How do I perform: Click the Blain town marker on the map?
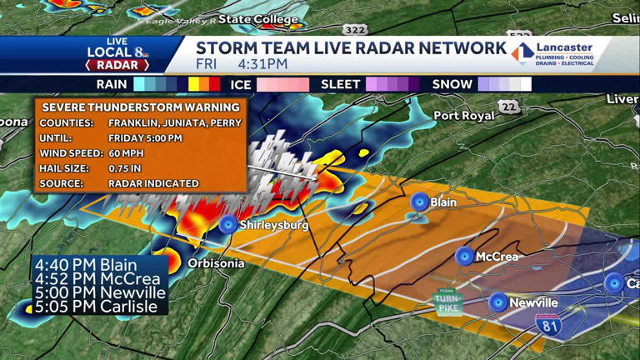pyautogui.click(x=419, y=202)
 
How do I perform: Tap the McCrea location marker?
pyautogui.click(x=464, y=256)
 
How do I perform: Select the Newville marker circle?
pyautogui.click(x=498, y=302)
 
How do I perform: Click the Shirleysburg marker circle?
pyautogui.click(x=227, y=224)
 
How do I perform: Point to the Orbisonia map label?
pyautogui.click(x=216, y=263)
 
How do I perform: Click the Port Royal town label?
pyautogui.click(x=464, y=116)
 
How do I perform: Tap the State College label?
pyautogui.click(x=257, y=19)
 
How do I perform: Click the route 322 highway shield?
pyautogui.click(x=354, y=30)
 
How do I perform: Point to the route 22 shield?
pyautogui.click(x=508, y=106)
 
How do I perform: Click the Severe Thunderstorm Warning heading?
pyautogui.click(x=140, y=107)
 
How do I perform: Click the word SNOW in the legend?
pyautogui.click(x=451, y=84)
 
